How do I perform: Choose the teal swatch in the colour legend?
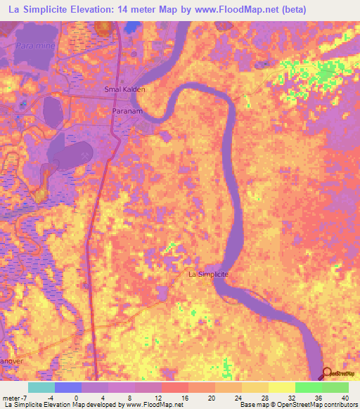[x=41, y=387]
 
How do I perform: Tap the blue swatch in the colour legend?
[x=68, y=387]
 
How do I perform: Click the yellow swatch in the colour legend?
[x=281, y=387]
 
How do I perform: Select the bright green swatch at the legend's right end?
[x=335, y=387]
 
